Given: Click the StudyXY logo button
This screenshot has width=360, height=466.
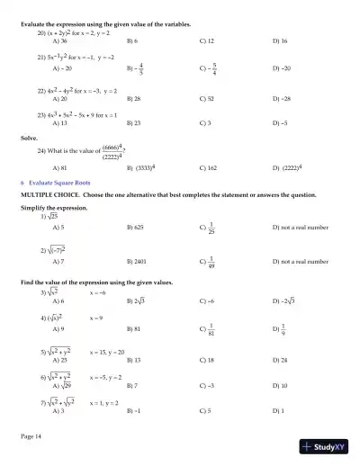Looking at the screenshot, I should click(x=326, y=445).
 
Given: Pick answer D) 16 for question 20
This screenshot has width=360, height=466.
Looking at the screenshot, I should click(x=280, y=41).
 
